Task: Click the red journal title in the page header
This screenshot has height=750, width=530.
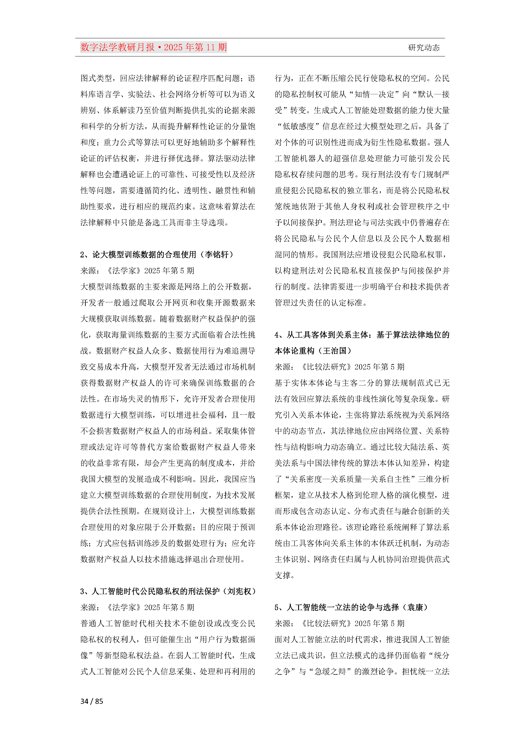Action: point(153,47)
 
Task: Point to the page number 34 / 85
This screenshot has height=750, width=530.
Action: point(92,701)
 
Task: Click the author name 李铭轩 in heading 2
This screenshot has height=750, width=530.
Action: point(216,254)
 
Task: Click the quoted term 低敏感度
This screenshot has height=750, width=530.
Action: point(298,126)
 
